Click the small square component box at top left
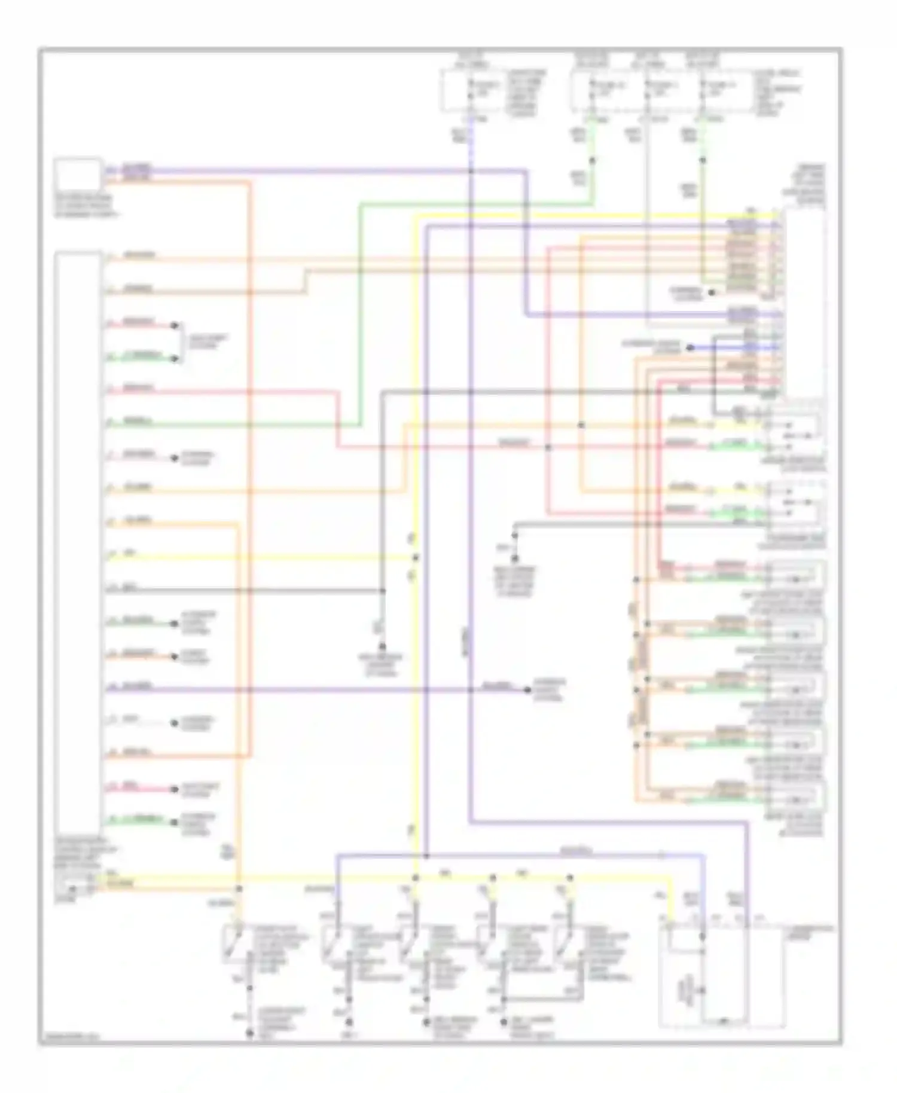coord(77,173)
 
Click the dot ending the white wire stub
coord(175,723)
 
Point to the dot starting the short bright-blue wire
coord(690,347)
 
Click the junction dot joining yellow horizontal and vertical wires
coord(416,557)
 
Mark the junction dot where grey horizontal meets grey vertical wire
coord(383,591)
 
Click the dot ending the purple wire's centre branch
coord(527,690)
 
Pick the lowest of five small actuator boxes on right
coord(795,795)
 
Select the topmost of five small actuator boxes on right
coord(795,575)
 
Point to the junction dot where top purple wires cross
coord(471,172)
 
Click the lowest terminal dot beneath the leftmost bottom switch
coord(250,1033)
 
